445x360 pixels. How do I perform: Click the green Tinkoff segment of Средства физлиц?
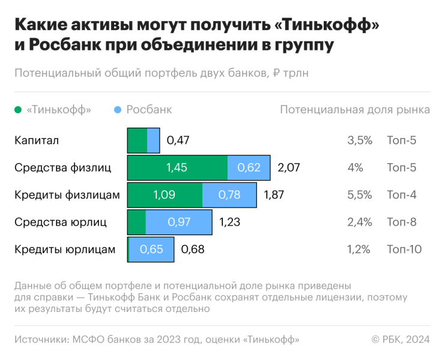(x=177, y=167)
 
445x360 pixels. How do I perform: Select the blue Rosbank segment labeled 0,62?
(x=249, y=167)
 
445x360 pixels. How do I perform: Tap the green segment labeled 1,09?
(x=165, y=195)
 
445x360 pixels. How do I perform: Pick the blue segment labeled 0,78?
(x=229, y=195)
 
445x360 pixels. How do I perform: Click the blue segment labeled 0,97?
(x=179, y=222)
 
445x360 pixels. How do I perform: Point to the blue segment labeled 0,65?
(x=151, y=249)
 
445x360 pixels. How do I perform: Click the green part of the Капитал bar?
(x=138, y=140)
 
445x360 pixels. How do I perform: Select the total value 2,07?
(x=289, y=167)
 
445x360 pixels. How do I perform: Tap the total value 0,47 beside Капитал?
(x=178, y=140)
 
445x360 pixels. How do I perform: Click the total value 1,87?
(x=274, y=195)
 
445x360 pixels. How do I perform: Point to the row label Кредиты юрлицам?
(x=64, y=249)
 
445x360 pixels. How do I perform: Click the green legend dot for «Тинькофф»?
(x=17, y=110)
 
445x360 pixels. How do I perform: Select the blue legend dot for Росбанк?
(x=118, y=110)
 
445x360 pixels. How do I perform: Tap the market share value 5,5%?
(x=360, y=195)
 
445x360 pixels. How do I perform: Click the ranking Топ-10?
(x=404, y=249)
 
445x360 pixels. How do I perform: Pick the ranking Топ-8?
(x=402, y=222)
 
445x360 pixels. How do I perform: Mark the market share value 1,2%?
(x=359, y=249)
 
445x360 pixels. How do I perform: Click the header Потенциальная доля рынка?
(x=355, y=110)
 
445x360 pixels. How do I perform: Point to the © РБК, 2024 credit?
(x=401, y=340)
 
